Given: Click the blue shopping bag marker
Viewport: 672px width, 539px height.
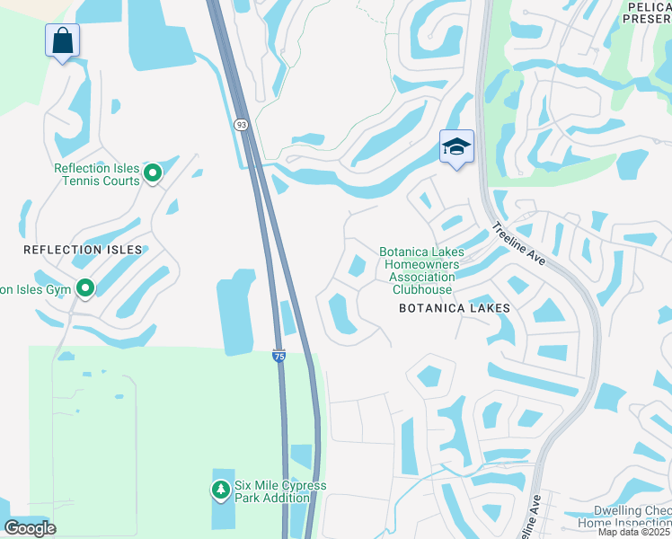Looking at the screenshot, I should pos(62,41).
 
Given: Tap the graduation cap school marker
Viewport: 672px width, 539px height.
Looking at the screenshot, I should pos(456,146).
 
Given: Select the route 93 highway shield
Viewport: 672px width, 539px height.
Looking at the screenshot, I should pos(242,125).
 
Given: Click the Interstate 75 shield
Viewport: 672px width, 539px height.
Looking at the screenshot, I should pos(279,357).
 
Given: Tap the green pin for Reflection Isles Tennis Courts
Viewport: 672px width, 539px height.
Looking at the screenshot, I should pos(153,173).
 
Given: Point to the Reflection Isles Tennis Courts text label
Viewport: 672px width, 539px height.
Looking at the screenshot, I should pos(96,174).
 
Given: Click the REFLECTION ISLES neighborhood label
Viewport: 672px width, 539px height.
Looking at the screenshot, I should pos(83,249).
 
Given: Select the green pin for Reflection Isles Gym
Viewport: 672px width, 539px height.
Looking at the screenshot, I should pos(85,288).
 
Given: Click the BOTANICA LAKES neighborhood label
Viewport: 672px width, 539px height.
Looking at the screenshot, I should pos(455,308).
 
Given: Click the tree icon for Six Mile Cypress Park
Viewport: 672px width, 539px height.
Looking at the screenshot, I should pos(220,490).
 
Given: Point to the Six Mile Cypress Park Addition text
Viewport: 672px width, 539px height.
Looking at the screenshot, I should pos(280,491).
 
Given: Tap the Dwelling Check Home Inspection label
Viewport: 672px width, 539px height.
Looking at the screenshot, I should pos(623,517).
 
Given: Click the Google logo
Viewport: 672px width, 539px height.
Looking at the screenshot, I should pos(31,527).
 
